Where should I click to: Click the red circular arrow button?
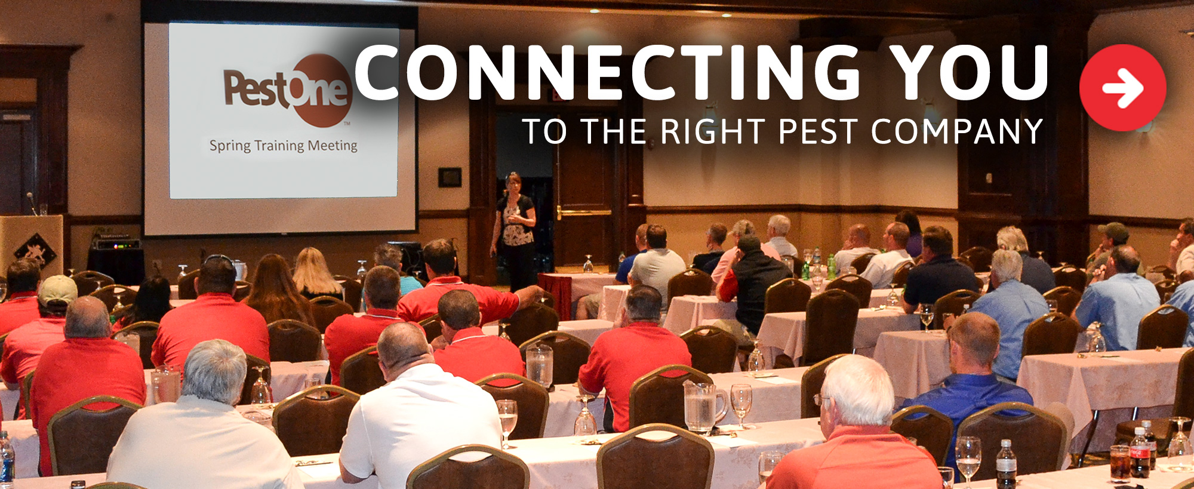click(x=1122, y=88)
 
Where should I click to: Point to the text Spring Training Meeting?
click(x=283, y=146)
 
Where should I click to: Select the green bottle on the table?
click(x=830, y=266)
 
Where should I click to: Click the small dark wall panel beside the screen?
click(x=450, y=177)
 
